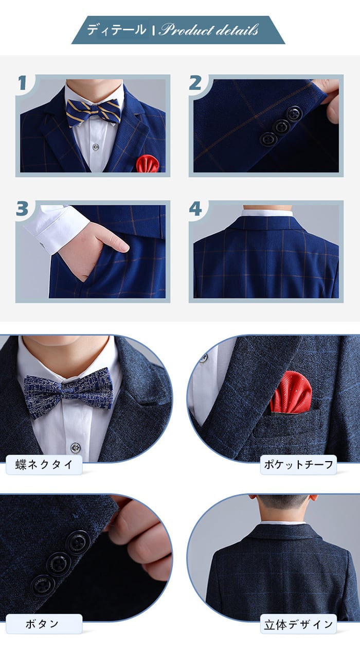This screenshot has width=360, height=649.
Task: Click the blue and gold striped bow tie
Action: pos(93,112)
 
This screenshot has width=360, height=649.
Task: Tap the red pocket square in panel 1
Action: pos(148,164)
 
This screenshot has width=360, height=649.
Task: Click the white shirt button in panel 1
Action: pos(96,147)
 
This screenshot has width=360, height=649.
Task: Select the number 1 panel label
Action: pos(22,83)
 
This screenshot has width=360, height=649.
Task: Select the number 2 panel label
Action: pos(195,83)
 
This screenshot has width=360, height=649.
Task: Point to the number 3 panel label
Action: pos(22,208)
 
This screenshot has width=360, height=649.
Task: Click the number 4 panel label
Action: pos(195,209)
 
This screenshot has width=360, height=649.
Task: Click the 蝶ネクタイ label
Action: pos(44,465)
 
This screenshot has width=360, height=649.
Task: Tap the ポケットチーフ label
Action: pos(298,465)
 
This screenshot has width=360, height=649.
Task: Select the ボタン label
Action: pos(42,624)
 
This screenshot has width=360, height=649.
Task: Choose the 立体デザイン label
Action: pos(298,624)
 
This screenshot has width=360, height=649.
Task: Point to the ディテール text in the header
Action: pos(116,30)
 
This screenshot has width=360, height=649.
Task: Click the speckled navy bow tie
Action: pos(68,392)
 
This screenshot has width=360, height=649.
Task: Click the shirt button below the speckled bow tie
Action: pos(76,447)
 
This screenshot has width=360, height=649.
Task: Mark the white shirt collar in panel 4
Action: pos(267,214)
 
